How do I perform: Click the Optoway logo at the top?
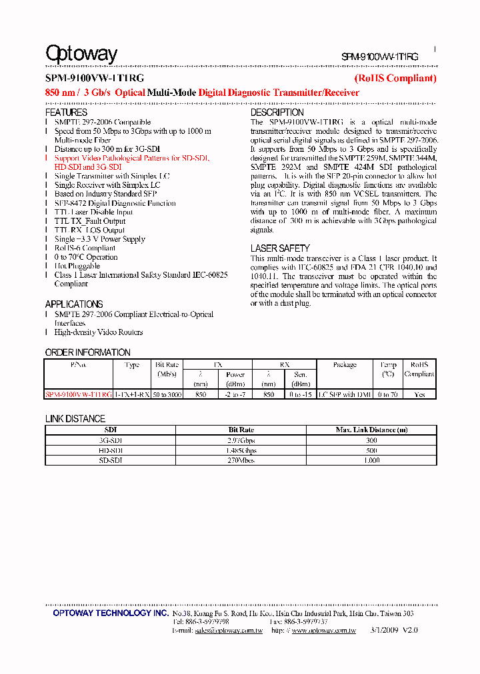[81, 53]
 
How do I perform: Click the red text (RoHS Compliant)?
[395, 79]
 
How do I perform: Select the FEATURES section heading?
[66, 113]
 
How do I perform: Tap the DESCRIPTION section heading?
[277, 113]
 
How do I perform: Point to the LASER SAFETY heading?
[280, 248]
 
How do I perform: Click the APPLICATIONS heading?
[74, 304]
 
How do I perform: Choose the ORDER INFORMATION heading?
[87, 352]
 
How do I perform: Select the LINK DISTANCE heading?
[75, 419]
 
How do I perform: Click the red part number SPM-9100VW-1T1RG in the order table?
[79, 394]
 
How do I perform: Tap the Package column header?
[345, 365]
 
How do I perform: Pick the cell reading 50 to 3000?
[167, 394]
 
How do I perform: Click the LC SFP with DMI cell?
[345, 394]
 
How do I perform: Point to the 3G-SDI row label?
[111, 440]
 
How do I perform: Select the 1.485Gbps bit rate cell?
[242, 450]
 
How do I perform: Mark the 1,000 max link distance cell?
[371, 460]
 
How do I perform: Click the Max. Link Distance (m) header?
[371, 430]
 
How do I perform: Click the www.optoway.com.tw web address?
[323, 630]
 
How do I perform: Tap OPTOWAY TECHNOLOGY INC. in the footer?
[111, 613]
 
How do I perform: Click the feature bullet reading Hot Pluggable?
[77, 266]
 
